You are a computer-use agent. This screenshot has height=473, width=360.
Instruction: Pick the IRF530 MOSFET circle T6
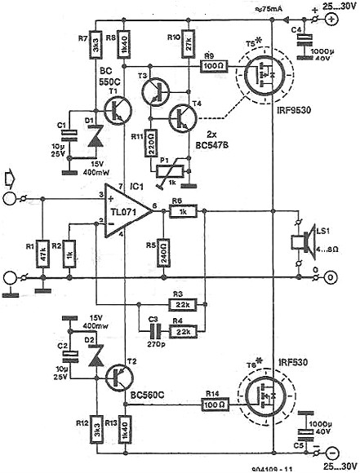click(x=260, y=402)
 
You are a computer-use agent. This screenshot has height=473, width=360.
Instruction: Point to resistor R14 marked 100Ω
click(x=215, y=402)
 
